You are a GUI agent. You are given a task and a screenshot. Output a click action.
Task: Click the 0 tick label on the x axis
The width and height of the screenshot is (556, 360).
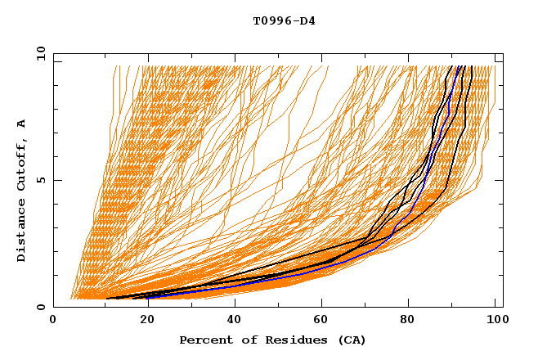(53, 321)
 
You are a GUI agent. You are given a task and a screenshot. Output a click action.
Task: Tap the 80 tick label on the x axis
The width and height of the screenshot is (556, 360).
(407, 321)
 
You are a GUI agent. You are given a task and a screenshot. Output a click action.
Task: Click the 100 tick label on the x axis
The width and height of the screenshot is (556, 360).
(493, 321)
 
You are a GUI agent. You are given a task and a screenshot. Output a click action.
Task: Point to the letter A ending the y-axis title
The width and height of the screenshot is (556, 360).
(22, 124)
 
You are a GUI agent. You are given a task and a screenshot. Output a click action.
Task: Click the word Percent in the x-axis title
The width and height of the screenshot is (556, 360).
(206, 340)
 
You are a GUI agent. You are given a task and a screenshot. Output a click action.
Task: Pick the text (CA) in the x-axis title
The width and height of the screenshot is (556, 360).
(352, 340)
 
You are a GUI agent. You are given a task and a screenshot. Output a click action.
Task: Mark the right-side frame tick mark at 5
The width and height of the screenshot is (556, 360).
(499, 180)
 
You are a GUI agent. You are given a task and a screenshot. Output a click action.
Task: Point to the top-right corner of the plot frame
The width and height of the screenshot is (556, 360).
(503, 53)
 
